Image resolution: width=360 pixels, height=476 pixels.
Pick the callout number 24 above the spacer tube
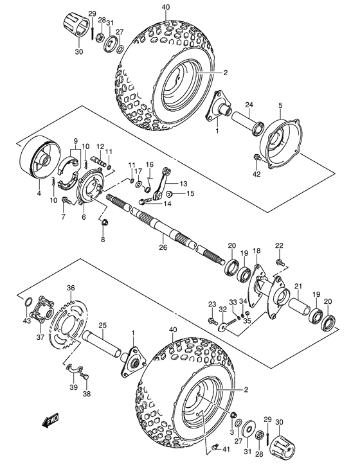click(x=248, y=105)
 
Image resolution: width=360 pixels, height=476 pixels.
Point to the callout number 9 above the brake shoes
click(x=75, y=141)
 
